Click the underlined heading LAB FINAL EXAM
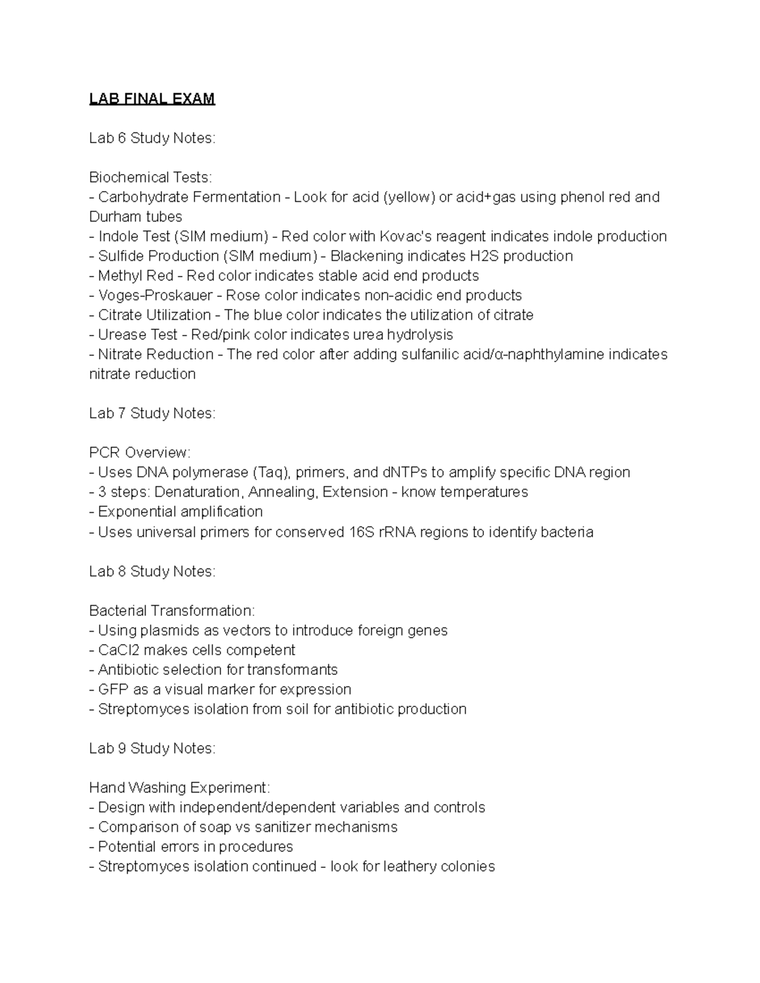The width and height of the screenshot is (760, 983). point(152,99)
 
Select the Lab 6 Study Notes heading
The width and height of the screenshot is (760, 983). point(152,138)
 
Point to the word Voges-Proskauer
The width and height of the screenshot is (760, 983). point(155,296)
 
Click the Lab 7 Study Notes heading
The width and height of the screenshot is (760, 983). point(152,413)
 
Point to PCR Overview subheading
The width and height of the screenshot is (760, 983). point(139,453)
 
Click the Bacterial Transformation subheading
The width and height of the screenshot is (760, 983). point(172,611)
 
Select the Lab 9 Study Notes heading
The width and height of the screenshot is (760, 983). point(152,749)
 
